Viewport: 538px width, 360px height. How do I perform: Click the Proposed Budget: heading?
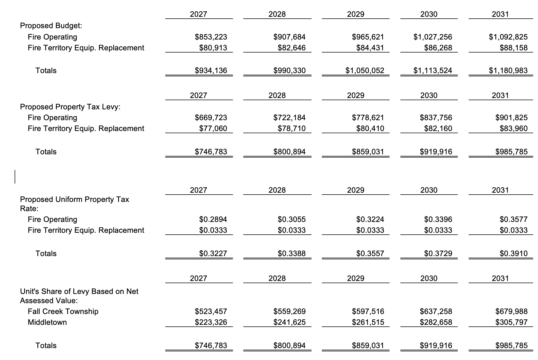tap(51, 26)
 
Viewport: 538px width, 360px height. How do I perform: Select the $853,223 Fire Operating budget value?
tap(211, 37)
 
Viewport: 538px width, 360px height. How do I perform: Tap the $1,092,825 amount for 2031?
tap(508, 37)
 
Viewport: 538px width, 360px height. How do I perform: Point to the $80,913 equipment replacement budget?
tap(213, 48)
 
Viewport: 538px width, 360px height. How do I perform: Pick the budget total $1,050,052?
tap(365, 71)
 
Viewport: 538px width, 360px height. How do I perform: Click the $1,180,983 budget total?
tap(508, 71)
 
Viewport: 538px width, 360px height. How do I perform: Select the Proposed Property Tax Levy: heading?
tap(70, 107)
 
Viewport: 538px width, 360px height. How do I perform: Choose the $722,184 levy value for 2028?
tap(289, 118)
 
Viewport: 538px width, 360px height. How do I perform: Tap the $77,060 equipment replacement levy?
tap(213, 129)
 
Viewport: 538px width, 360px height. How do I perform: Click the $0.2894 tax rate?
tap(213, 219)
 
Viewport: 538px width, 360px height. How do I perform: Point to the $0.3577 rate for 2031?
tap(513, 219)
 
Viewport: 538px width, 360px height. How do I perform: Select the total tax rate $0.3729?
tap(438, 254)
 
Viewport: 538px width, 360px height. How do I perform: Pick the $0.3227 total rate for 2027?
tap(213, 254)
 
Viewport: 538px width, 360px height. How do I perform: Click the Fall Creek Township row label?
tap(63, 312)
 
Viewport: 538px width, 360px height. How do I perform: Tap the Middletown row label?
tap(47, 322)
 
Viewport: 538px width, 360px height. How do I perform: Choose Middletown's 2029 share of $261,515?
tap(368, 322)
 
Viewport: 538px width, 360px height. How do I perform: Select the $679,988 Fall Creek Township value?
tap(511, 312)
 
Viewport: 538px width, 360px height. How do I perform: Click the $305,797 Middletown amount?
tap(511, 322)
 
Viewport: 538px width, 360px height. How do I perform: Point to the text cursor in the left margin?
tap(15, 176)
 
